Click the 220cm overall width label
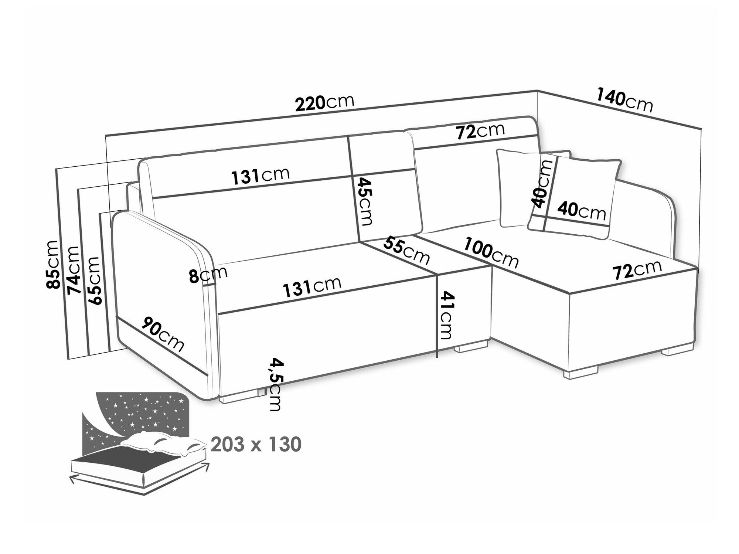325,103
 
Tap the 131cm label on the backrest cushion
260,176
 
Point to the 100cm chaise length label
491,253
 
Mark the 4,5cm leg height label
275,384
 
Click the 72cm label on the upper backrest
480,132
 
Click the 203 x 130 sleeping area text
256,444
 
